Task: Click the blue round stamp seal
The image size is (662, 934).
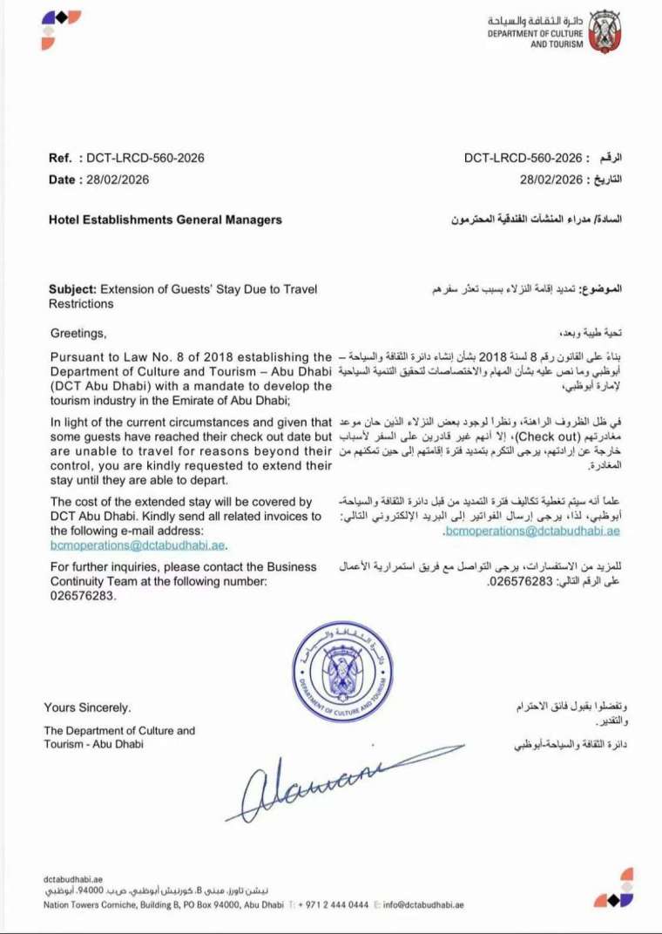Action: pyautogui.click(x=345, y=672)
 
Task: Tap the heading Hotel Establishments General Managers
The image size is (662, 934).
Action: pyautogui.click(x=165, y=220)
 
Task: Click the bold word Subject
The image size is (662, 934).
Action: pyautogui.click(x=72, y=288)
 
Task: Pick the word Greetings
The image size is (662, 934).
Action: pyautogui.click(x=78, y=333)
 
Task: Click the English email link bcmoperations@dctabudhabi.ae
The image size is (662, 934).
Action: pyautogui.click(x=138, y=545)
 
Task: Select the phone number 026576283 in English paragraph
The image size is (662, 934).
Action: pyautogui.click(x=82, y=596)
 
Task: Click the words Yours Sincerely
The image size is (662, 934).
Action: pyautogui.click(x=88, y=707)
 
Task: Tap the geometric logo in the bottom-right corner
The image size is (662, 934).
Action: pyautogui.click(x=615, y=889)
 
